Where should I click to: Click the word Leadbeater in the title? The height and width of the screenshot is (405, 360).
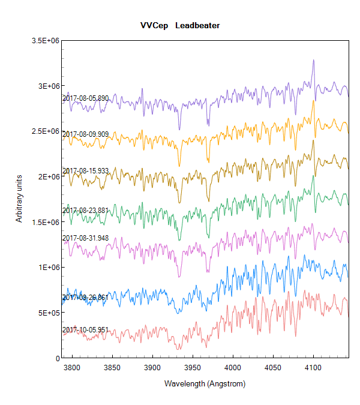197,26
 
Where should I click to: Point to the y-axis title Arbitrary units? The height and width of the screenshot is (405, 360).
19,199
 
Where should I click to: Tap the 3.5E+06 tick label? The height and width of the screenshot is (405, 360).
46,40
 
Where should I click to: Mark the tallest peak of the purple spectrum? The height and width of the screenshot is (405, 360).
313,60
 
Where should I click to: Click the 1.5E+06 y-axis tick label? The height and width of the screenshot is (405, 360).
46,222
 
